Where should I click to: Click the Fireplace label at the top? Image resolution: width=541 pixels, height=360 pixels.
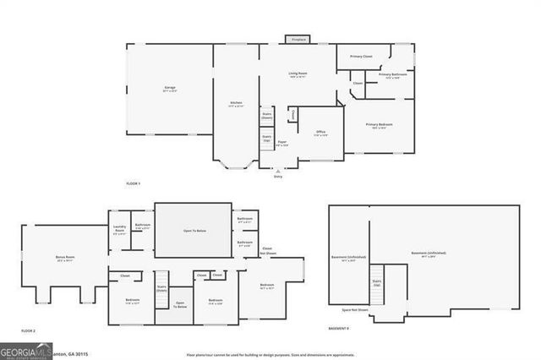click(x=298, y=40)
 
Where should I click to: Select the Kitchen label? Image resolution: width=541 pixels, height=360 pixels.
click(x=236, y=103)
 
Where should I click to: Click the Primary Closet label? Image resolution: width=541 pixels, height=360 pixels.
click(x=362, y=57)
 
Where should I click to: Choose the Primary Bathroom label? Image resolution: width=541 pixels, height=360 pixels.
click(x=393, y=75)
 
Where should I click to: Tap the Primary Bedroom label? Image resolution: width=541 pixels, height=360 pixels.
click(x=379, y=125)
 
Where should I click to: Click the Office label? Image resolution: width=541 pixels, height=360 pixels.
click(x=321, y=132)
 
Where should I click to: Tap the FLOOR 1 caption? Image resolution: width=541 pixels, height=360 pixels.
click(x=133, y=183)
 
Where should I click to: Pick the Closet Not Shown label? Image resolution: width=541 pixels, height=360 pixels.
click(x=267, y=251)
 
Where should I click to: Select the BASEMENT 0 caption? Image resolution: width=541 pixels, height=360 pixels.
click(x=339, y=328)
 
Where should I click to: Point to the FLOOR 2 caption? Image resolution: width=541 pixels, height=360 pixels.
click(x=28, y=330)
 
